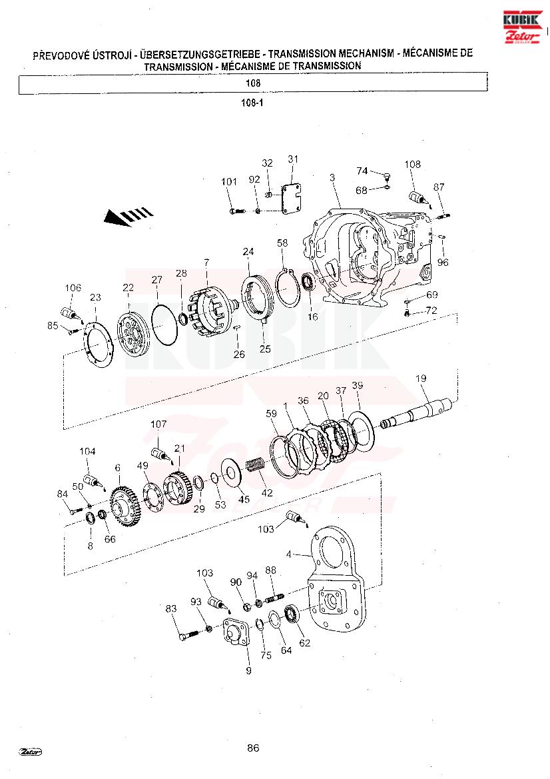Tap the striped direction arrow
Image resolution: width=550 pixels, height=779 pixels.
(x=128, y=216)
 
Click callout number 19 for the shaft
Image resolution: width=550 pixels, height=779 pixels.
(x=421, y=379)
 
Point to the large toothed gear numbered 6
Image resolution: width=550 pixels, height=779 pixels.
(x=125, y=506)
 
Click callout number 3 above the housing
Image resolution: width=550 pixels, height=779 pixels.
(x=332, y=177)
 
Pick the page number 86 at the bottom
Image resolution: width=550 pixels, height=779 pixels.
(x=253, y=748)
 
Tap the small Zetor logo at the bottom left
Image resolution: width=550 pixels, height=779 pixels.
(x=30, y=751)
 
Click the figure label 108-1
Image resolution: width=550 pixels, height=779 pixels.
(x=252, y=103)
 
